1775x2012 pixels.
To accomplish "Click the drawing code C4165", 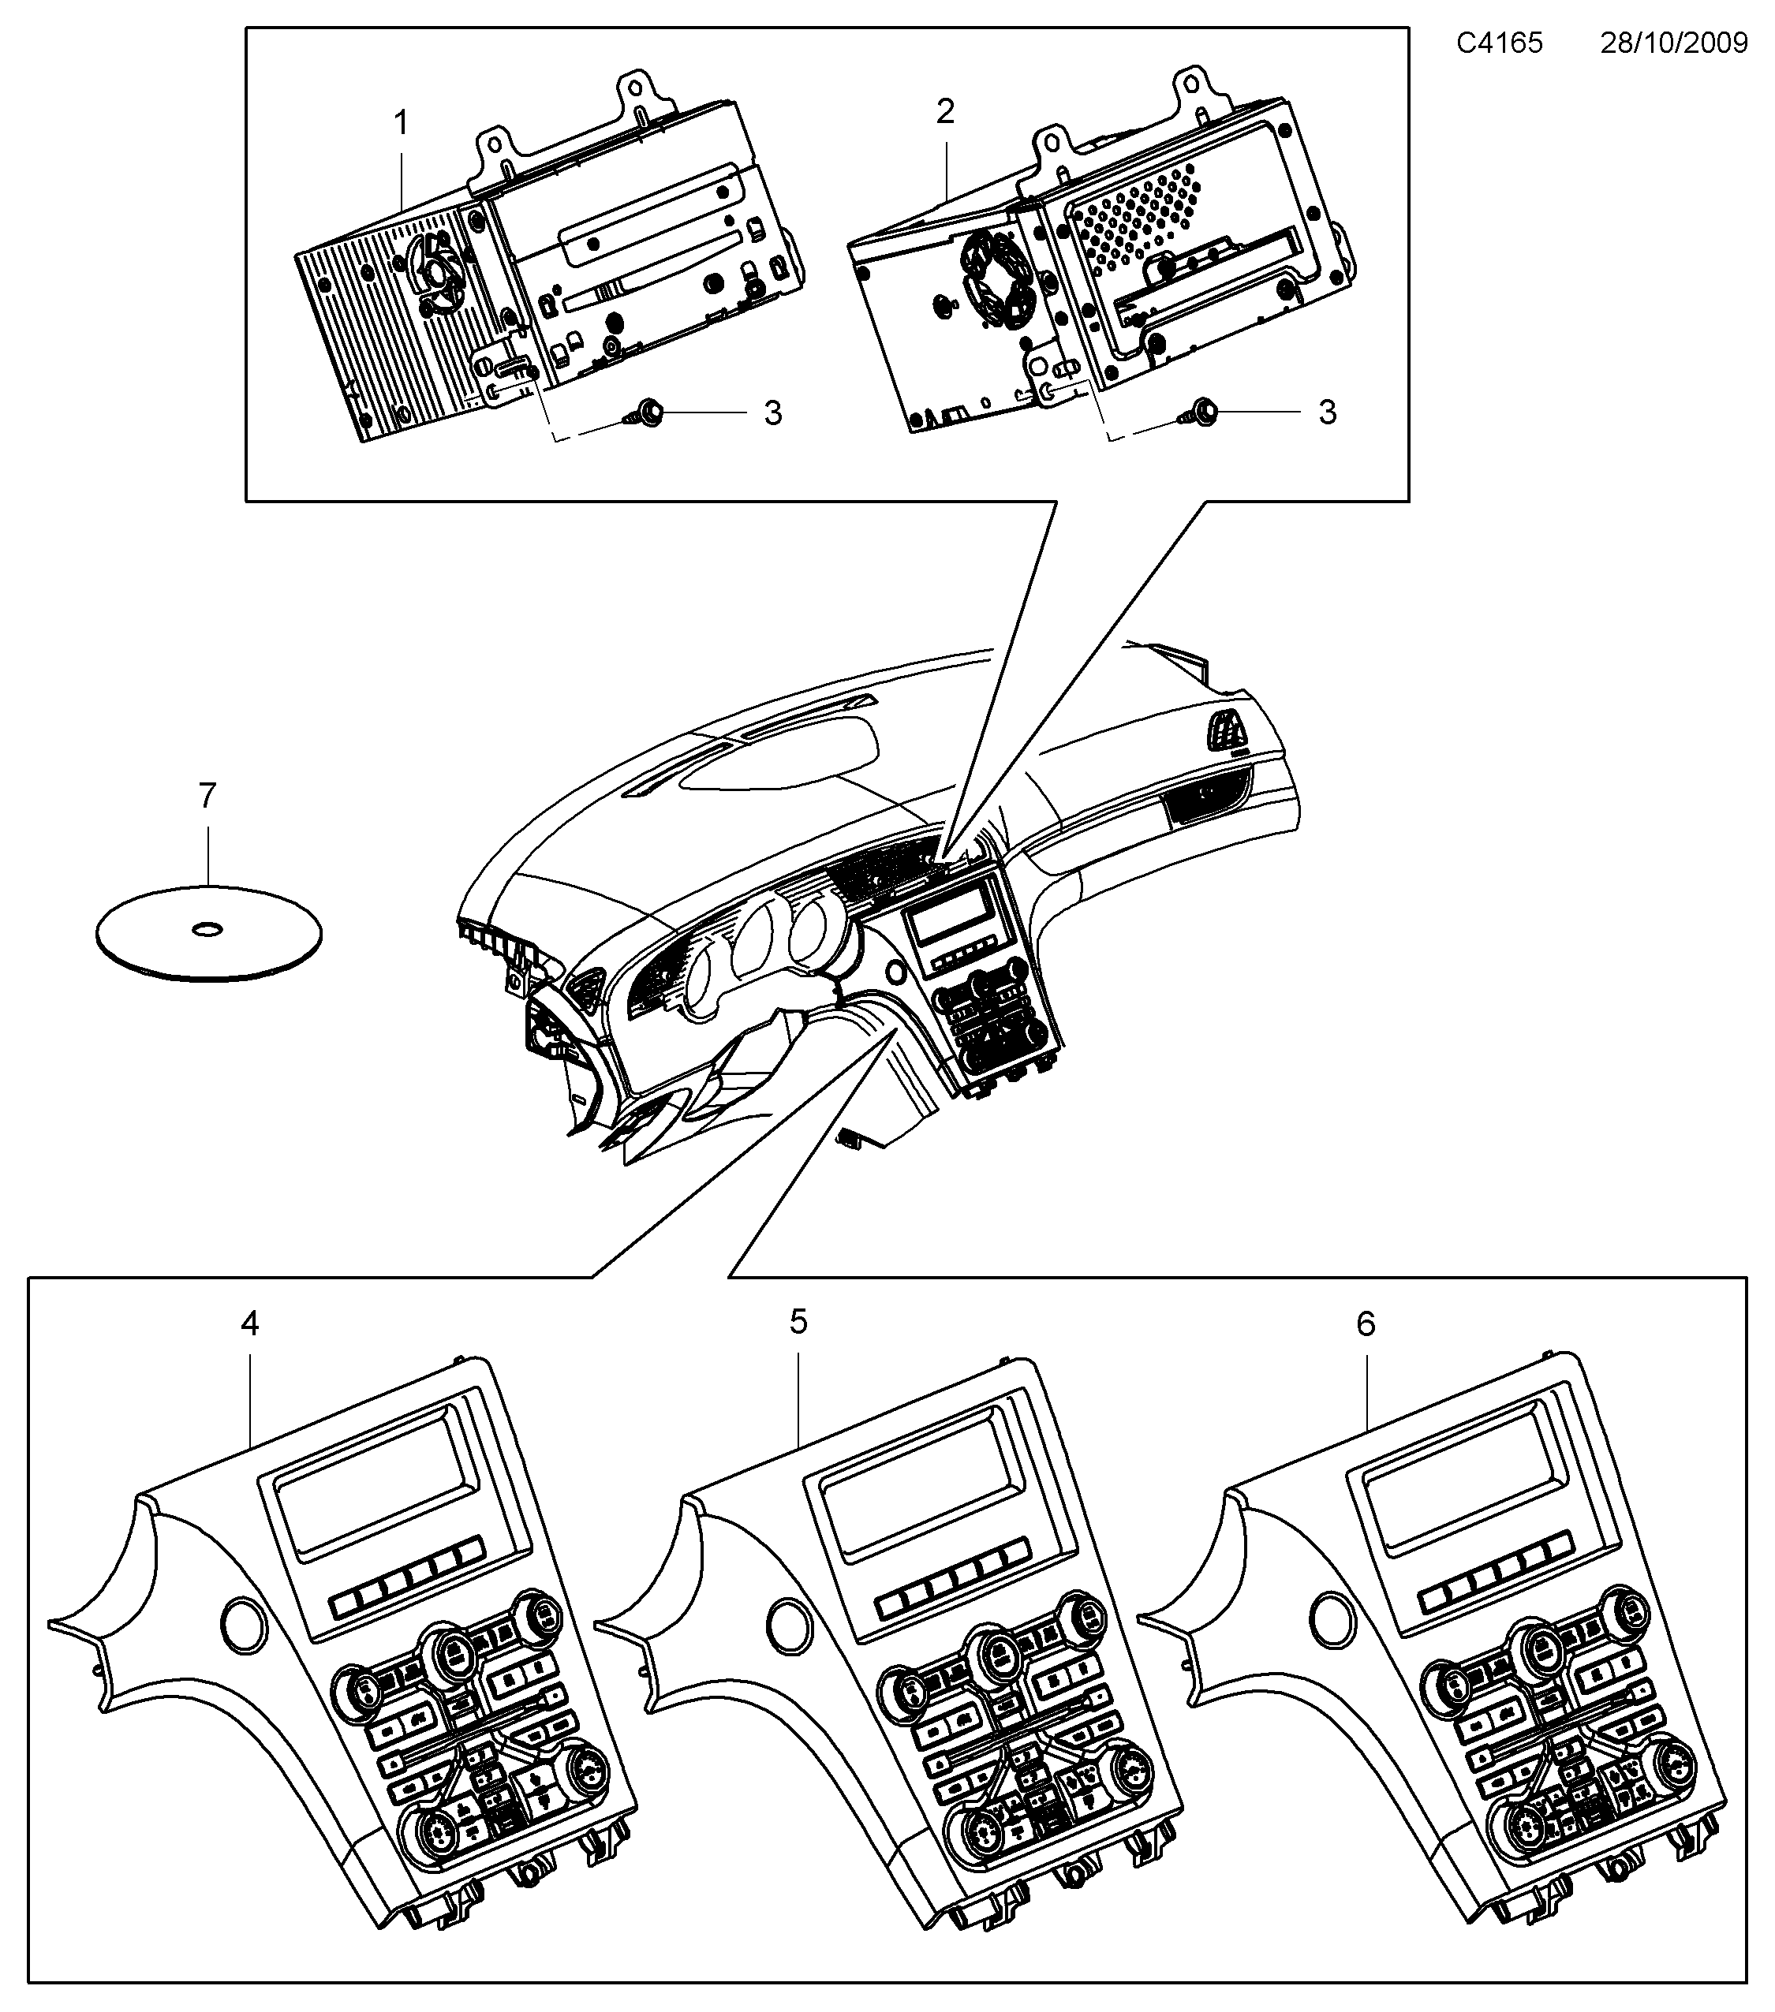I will pos(1500,43).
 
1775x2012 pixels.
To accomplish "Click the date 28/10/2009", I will pos(1673,43).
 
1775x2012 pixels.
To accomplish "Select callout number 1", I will pos(401,123).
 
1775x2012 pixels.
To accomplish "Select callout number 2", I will pos(945,112).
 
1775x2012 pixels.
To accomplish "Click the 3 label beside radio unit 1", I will pos(773,413).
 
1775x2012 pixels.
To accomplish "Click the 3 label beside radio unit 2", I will pos(1327,412).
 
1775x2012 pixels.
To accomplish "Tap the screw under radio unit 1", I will pos(645,412).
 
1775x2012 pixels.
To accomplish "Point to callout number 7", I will pos(207,795).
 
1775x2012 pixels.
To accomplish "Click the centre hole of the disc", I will pos(207,928).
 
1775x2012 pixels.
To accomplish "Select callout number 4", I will pos(250,1325).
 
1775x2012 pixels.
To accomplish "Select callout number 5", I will pos(798,1322).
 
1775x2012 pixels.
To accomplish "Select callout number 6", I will pos(1366,1325).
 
